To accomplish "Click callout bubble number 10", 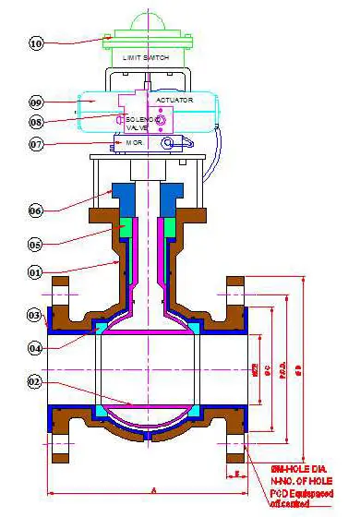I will click(x=36, y=42).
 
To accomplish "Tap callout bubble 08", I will click(x=36, y=121).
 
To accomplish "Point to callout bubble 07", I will click(x=36, y=144).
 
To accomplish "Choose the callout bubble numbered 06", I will click(x=36, y=210).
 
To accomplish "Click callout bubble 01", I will click(x=36, y=272).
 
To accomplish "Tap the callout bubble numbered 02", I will click(x=36, y=380).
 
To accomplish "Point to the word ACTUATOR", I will click(x=174, y=99).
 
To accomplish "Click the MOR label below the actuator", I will click(x=132, y=144).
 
